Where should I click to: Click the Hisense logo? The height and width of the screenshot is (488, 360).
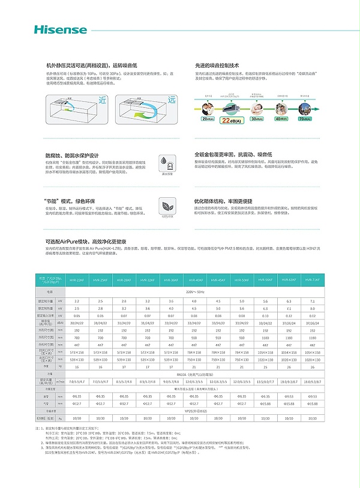(x=53, y=28)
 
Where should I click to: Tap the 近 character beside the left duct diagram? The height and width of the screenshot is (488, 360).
(x=102, y=100)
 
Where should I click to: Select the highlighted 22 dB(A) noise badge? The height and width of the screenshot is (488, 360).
(x=232, y=120)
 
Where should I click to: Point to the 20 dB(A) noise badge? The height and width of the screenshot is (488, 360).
(x=207, y=119)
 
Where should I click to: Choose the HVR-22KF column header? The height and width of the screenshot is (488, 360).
(x=76, y=281)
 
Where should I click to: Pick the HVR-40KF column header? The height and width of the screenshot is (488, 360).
(x=194, y=281)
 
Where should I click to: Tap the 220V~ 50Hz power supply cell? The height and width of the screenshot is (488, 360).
(x=194, y=291)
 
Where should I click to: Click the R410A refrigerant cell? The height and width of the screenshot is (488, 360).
(x=194, y=372)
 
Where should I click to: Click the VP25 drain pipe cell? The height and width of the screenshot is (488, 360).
(x=194, y=411)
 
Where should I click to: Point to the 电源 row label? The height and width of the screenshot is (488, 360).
(x=50, y=291)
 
